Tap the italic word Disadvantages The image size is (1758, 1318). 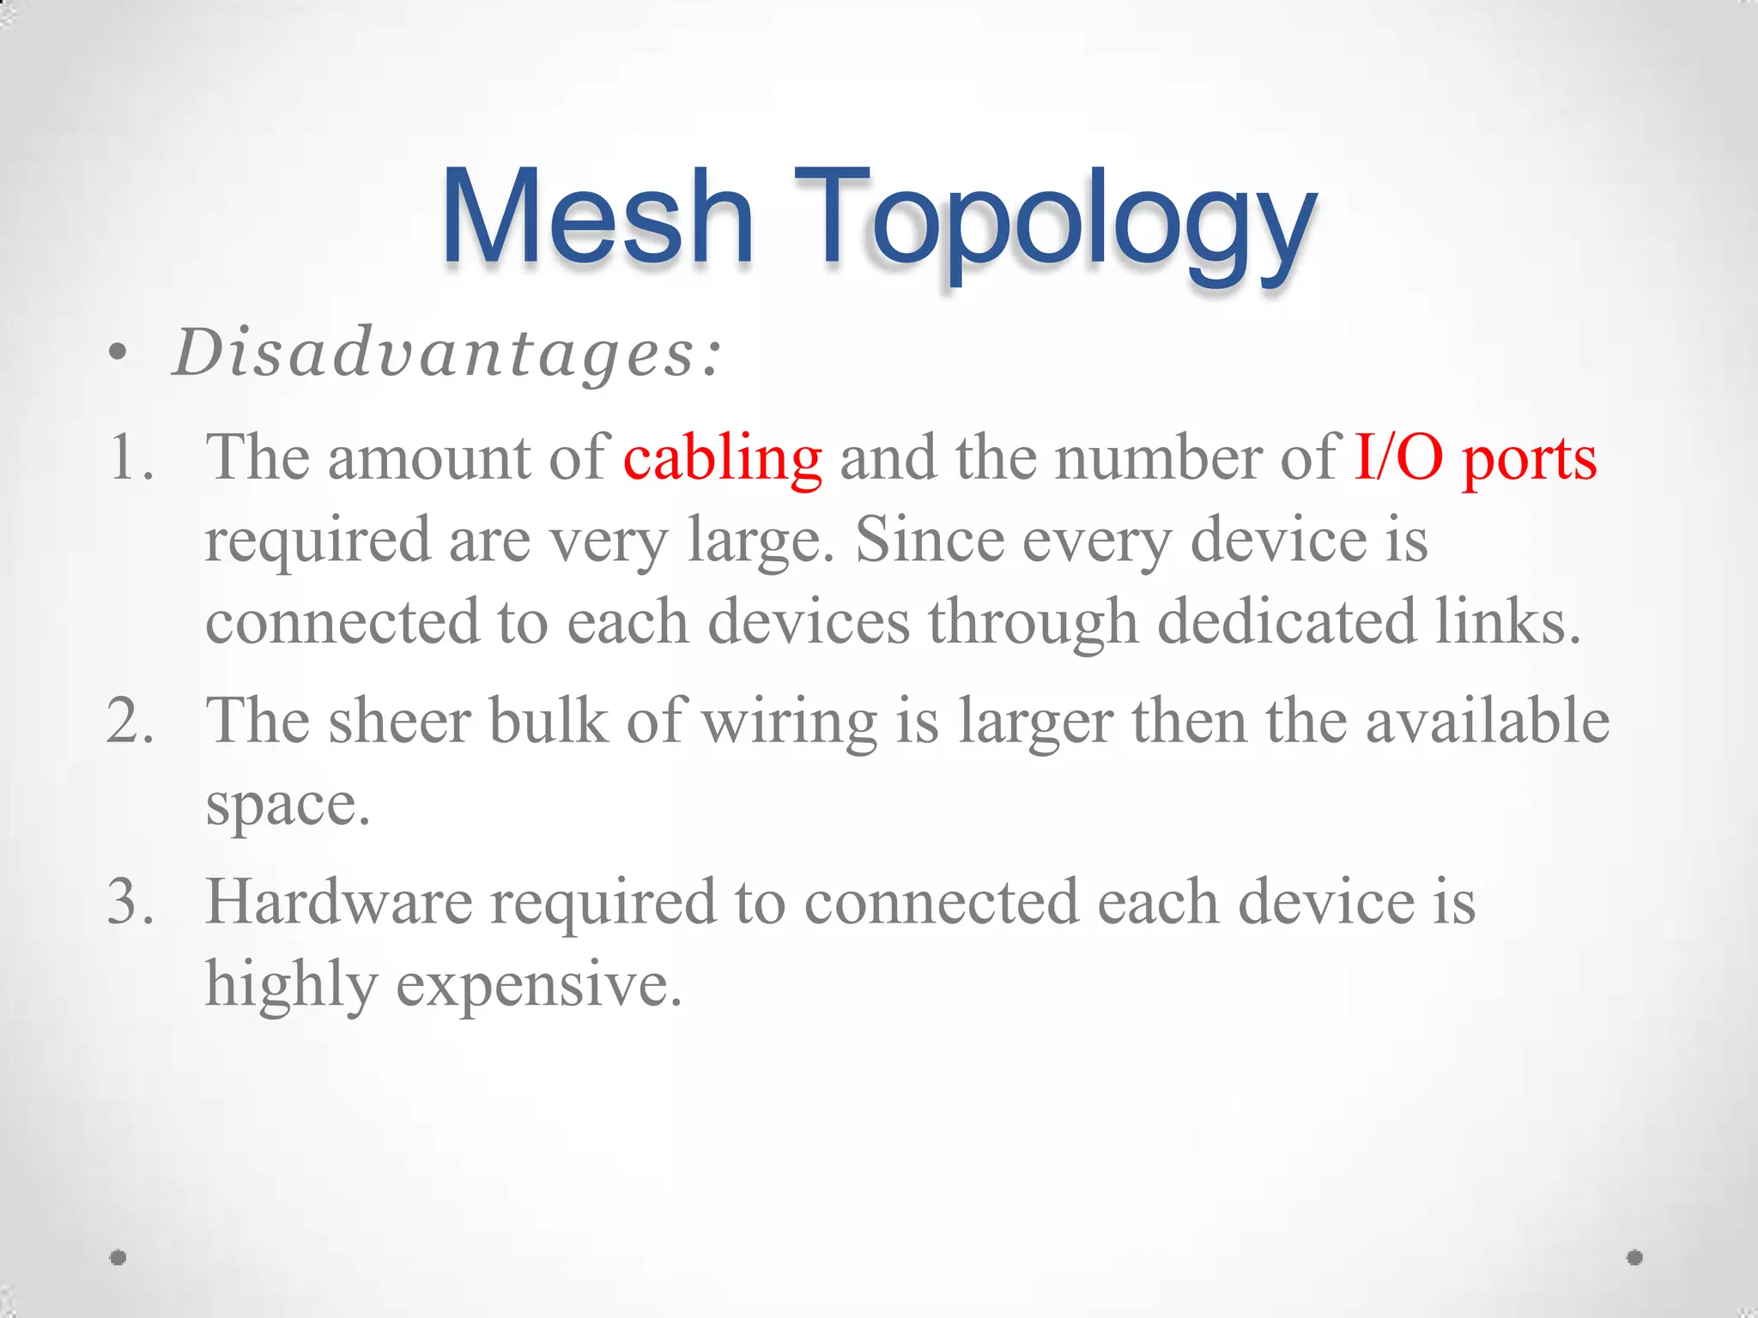(446, 354)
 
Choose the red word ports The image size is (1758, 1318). (1529, 461)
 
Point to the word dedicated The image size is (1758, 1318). (1287, 621)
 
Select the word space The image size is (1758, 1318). (288, 807)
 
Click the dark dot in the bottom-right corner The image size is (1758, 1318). (1634, 1257)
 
